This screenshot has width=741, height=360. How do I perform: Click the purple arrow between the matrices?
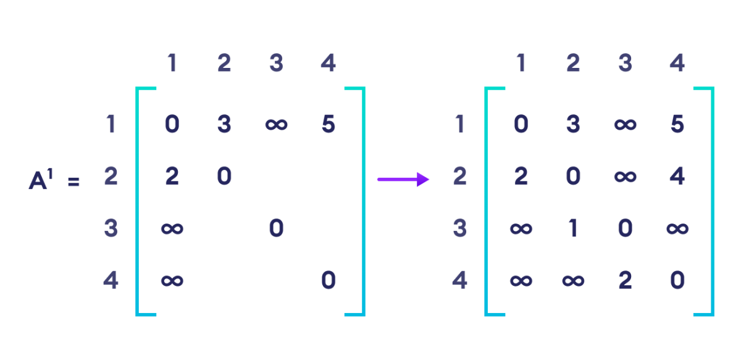coord(403,179)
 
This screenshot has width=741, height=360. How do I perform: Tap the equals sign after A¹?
coord(73,182)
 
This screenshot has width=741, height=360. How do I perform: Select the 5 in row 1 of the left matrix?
coord(329,125)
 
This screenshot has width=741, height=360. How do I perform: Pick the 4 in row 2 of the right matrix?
coord(677,177)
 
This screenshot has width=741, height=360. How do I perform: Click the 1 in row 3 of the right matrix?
coord(573,229)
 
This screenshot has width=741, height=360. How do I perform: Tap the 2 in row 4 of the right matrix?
coord(625,281)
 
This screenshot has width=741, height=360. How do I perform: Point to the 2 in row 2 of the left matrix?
coord(172,177)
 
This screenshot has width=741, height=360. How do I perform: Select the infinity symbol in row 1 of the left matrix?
coord(276,125)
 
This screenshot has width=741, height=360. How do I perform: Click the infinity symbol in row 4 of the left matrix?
coord(172,281)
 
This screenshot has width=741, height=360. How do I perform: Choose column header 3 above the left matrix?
coord(276,63)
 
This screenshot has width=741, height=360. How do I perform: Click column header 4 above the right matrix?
coord(677,63)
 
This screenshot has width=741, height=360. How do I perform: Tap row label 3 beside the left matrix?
coord(111,229)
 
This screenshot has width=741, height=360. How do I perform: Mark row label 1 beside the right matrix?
coord(459,125)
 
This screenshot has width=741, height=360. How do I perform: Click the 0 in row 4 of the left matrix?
coord(329,281)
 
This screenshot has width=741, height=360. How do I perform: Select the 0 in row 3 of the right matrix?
coord(625,229)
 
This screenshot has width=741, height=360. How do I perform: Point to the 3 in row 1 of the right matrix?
coord(573,125)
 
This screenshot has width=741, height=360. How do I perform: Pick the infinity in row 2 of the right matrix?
coord(625,177)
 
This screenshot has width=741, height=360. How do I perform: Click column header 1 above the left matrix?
coord(172,63)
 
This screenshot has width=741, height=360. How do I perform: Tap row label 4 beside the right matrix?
coord(459,281)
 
